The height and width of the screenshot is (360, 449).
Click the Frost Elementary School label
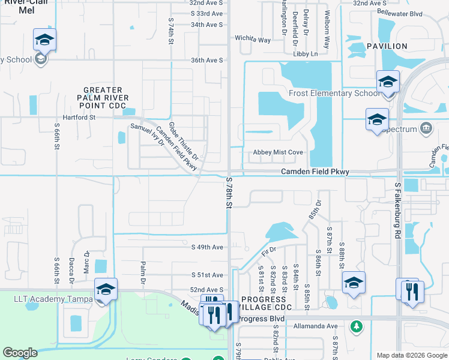point(334,94)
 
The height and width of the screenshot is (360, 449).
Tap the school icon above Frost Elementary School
point(388,81)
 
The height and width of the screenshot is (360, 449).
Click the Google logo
point(20,353)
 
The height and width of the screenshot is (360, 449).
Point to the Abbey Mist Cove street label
point(277,152)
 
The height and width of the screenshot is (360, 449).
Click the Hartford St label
point(76,118)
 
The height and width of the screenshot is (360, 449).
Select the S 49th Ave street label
point(207,247)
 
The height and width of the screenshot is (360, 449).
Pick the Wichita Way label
point(253,40)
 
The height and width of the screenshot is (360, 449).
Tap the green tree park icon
point(357,326)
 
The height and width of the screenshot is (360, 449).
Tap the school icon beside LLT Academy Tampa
point(106,291)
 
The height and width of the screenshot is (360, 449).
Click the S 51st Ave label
point(207,275)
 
